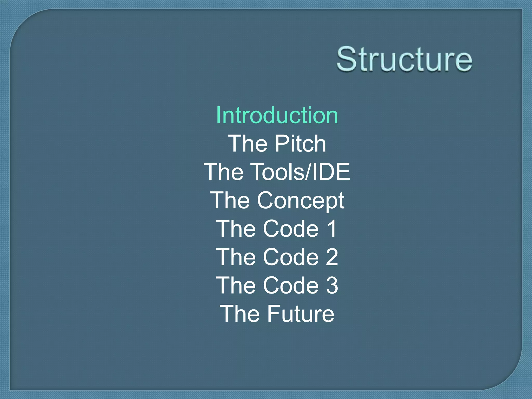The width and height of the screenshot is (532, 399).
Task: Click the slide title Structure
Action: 404,59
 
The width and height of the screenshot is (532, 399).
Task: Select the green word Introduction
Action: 277,115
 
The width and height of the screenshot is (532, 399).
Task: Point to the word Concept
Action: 301,201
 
